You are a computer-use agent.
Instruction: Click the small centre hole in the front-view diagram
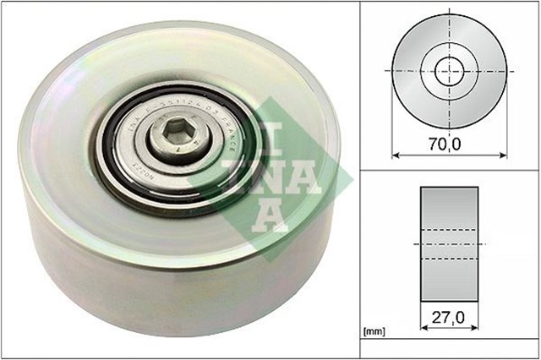pyautogui.click(x=449, y=69)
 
